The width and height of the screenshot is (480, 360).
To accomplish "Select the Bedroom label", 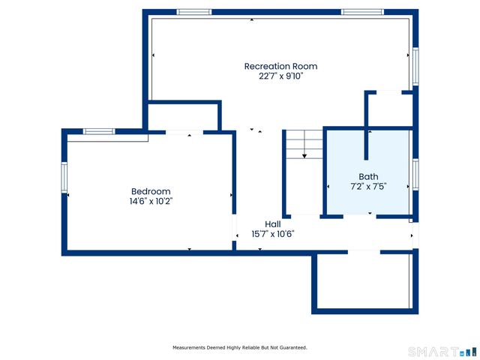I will click(x=151, y=191).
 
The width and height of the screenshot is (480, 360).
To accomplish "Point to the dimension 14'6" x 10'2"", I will click(x=151, y=201).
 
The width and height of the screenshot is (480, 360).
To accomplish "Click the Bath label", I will click(x=368, y=176).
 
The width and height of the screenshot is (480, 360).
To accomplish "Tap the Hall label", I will click(x=272, y=223).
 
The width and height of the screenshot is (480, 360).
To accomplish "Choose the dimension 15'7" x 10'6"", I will click(x=272, y=233).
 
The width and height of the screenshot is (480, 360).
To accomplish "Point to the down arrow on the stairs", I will click(x=304, y=156).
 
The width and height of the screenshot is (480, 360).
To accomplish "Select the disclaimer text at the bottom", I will click(x=239, y=347).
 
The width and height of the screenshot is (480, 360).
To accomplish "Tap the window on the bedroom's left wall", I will click(x=64, y=178).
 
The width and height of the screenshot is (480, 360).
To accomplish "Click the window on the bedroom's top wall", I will click(x=98, y=131).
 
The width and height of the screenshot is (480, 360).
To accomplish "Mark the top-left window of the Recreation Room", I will click(x=193, y=12).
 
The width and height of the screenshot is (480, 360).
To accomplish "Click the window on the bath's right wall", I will click(x=414, y=174).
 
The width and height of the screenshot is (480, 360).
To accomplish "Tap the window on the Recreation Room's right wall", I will click(x=414, y=68).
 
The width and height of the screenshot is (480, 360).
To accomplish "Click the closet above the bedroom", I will click(x=183, y=117).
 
